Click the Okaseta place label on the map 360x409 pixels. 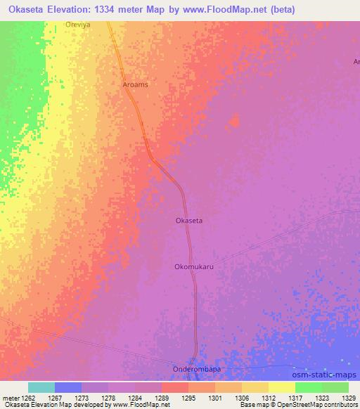pos(188,221)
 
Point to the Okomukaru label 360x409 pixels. pos(193,267)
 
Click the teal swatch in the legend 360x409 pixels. pos(41,387)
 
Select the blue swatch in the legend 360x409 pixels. pos(68,387)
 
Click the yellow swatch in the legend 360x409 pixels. pos(282,387)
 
